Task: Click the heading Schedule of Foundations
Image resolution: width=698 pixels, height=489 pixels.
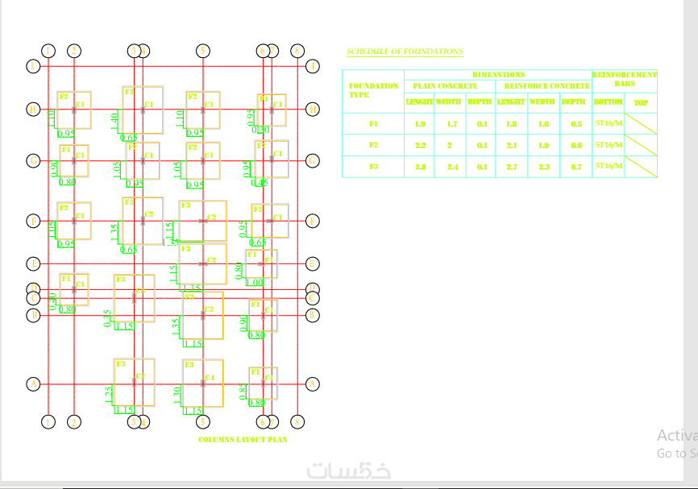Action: coord(405,52)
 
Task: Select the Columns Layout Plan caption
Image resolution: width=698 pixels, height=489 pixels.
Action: coord(243,440)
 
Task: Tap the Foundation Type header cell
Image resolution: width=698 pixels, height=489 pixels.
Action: coord(372,90)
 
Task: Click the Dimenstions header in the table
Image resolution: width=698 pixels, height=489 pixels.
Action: coord(498,74)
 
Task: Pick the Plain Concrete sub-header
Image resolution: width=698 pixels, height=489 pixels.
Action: coord(445,85)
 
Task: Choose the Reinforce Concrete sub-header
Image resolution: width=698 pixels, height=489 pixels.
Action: coord(546,85)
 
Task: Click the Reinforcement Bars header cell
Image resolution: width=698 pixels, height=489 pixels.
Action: coord(625,79)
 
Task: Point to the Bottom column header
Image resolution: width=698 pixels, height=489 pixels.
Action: coord(608,102)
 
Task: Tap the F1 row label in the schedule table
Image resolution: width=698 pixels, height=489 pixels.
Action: coord(373,124)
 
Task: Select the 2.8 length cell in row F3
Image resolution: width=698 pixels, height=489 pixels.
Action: coord(420,166)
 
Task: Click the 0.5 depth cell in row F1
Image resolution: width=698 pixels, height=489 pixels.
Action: coord(575,124)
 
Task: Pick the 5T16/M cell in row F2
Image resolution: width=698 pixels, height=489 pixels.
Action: coord(608,145)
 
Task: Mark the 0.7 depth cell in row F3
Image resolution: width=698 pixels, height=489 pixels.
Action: coord(575,166)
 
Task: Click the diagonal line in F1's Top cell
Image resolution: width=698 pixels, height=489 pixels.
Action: coord(641,124)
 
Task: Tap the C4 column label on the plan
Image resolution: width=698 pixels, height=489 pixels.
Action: coord(210,377)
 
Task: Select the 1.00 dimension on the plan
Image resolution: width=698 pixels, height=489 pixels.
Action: coord(255,283)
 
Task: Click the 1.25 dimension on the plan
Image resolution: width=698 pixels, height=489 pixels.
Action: coord(109,394)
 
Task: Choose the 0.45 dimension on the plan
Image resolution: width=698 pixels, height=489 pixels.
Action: coord(260,183)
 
